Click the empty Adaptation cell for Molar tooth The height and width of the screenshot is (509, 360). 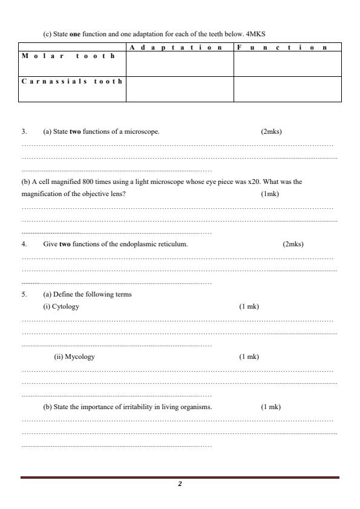(x=180, y=64)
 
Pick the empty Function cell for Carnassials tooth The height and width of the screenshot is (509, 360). (x=287, y=90)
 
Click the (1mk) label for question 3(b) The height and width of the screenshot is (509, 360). (x=270, y=194)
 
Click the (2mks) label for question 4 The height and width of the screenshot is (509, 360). (x=293, y=244)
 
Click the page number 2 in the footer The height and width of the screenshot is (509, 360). (x=180, y=484)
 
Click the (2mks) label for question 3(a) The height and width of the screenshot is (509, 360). (x=271, y=131)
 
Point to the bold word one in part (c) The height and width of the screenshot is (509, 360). (x=75, y=34)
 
